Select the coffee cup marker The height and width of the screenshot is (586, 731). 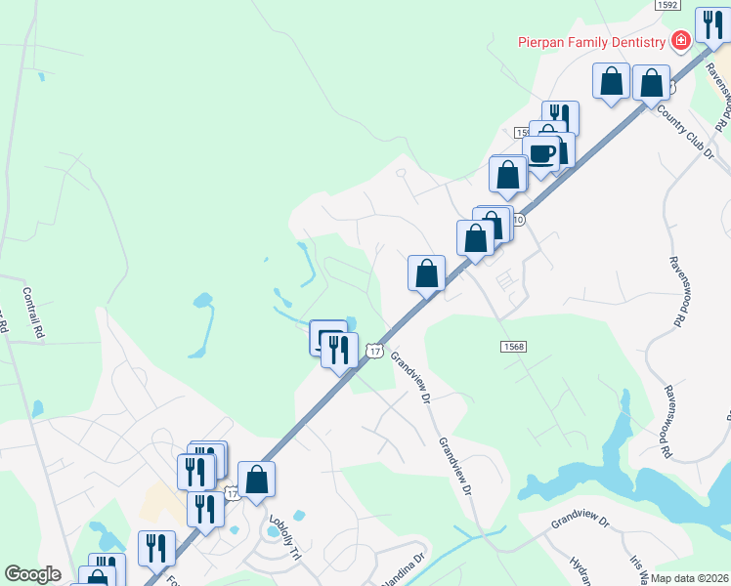pos(540,153)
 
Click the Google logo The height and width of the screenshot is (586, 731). pos(33,574)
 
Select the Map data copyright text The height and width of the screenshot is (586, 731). pos(689,578)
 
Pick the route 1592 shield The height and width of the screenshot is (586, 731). pos(666,5)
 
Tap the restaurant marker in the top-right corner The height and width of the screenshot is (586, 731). pos(710,23)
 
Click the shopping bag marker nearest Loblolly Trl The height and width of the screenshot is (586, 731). pos(256,479)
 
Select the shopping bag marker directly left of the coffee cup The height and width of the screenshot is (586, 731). pos(507,175)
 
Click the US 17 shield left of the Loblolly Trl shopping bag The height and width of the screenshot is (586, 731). pos(231,494)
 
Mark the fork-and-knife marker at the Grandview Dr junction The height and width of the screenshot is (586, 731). pos(339,349)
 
